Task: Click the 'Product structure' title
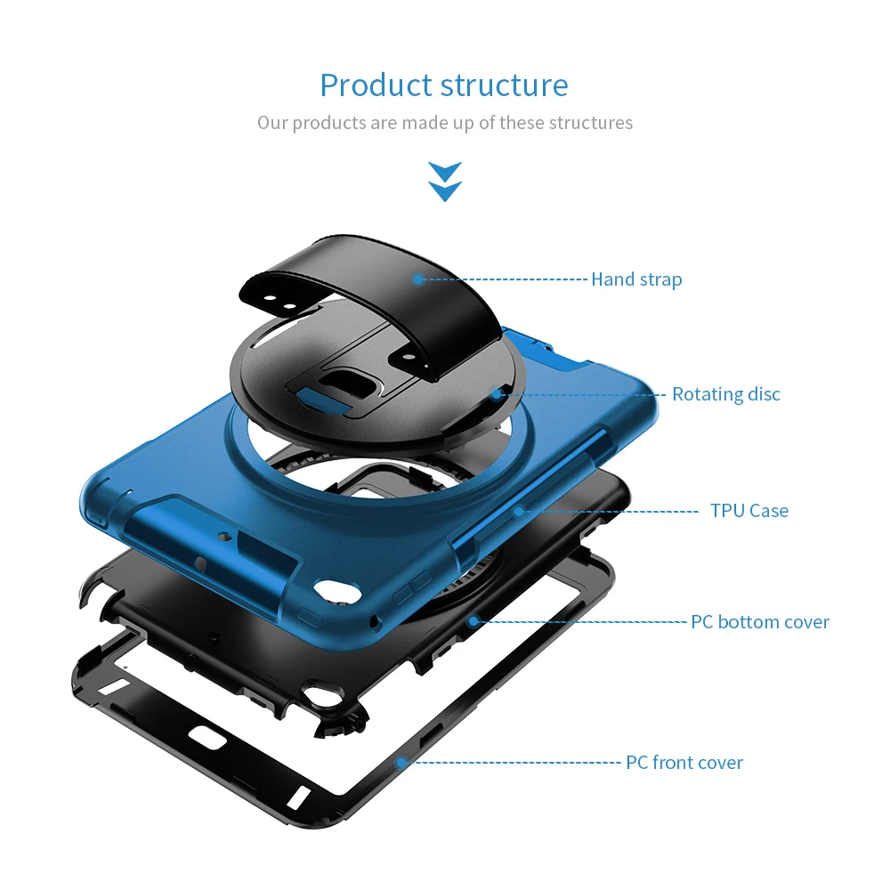pos(444,86)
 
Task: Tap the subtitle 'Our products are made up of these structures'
pos(445,123)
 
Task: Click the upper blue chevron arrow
pos(445,172)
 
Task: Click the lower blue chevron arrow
pos(445,191)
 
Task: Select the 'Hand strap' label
pos(636,279)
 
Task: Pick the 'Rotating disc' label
pos(726,394)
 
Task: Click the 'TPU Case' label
pos(749,511)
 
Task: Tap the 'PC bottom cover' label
pos(759,622)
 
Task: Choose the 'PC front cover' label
pos(684,763)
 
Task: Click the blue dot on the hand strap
pos(418,279)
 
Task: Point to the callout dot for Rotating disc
pos(498,394)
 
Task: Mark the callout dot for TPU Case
pos(519,512)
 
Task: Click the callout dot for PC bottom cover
pos(473,621)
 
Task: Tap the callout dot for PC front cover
pos(400,763)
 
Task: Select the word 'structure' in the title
pos(504,86)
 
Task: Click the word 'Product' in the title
pos(376,86)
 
